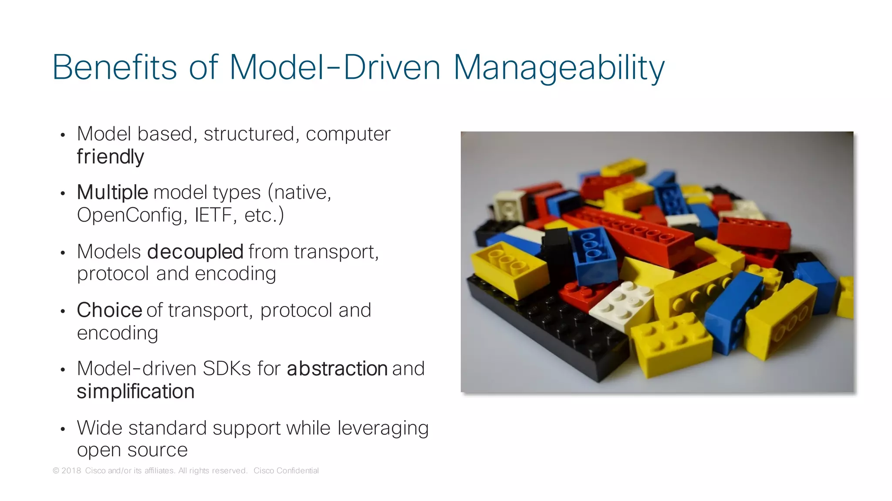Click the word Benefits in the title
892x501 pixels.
(x=115, y=68)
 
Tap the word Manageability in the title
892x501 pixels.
(x=559, y=68)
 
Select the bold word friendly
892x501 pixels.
(x=110, y=157)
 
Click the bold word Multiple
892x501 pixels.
(x=112, y=192)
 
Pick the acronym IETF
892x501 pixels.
(x=213, y=215)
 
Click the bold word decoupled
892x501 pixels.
(x=195, y=252)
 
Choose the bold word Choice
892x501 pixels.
(x=109, y=310)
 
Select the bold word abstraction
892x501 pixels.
(x=337, y=369)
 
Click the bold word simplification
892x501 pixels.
(x=135, y=391)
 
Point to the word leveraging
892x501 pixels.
(x=383, y=428)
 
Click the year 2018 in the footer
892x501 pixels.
(x=71, y=471)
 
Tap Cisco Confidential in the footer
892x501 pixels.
(x=286, y=471)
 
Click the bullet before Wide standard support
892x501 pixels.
(x=63, y=429)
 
